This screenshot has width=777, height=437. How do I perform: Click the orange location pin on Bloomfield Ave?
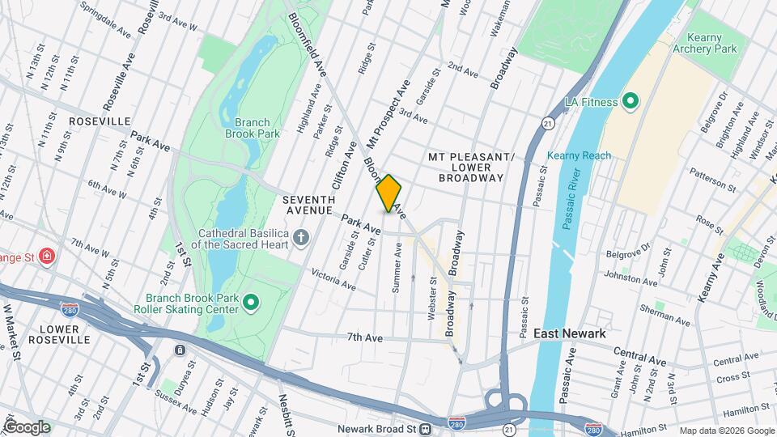pyautogui.click(x=388, y=193)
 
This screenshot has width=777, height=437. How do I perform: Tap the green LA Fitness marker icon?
pyautogui.click(x=631, y=102)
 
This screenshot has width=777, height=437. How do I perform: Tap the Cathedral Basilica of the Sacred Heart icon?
pyautogui.click(x=301, y=237)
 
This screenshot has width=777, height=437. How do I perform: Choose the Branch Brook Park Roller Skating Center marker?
pyautogui.click(x=251, y=303)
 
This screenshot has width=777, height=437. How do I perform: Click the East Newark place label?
pyautogui.click(x=570, y=333)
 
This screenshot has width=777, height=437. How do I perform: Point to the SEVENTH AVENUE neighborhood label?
pyautogui.click(x=308, y=205)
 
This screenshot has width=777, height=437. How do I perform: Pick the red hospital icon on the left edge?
pyautogui.click(x=47, y=257)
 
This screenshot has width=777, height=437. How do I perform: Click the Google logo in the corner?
pyautogui.click(x=27, y=426)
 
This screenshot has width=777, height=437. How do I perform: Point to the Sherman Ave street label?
pyautogui.click(x=665, y=316)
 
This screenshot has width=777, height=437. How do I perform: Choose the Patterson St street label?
pyautogui.click(x=711, y=180)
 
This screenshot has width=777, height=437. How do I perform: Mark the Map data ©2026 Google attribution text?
pyautogui.click(x=726, y=431)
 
